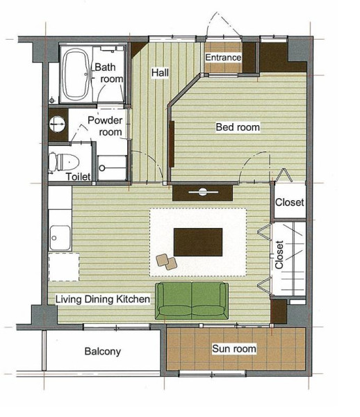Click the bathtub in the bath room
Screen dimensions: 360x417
point(75,74)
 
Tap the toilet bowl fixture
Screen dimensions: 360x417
point(64,162)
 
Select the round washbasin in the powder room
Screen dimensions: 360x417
point(57,124)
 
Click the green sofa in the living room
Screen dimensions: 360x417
point(192,300)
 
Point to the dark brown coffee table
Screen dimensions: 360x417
point(198,242)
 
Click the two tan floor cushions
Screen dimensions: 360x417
point(167,262)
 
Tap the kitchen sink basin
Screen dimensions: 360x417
point(60,238)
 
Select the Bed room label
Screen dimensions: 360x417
point(238,127)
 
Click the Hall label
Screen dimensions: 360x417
point(160,72)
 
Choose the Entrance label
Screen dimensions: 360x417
point(223,58)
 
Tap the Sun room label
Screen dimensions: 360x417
point(234,349)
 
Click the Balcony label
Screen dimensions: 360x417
point(103,352)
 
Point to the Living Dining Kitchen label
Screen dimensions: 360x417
point(103,300)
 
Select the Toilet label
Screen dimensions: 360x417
point(78,177)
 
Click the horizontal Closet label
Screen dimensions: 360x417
point(290,202)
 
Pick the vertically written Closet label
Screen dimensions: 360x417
point(279,255)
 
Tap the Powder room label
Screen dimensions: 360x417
point(105,126)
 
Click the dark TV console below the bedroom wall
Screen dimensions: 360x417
point(203,193)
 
